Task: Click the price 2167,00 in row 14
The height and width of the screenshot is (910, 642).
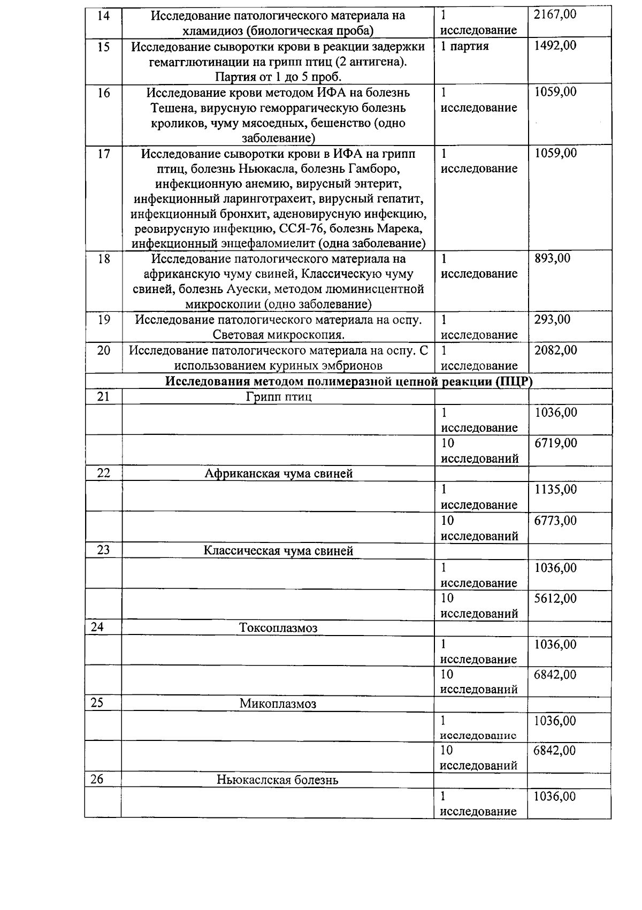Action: [x=555, y=14]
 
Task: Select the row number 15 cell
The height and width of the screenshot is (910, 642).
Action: [x=103, y=47]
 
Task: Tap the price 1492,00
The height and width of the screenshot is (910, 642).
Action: [x=555, y=46]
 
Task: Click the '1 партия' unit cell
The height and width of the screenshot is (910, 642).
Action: [x=464, y=46]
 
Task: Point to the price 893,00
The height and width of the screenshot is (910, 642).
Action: [x=552, y=259]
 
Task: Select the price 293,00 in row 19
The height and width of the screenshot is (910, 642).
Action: [x=552, y=320]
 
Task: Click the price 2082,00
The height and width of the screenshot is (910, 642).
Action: [x=555, y=350]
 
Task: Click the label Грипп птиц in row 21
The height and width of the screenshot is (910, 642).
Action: [x=279, y=397]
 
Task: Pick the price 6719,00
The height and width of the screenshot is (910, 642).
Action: [x=555, y=443]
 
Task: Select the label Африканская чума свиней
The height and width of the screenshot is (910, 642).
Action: [x=279, y=474]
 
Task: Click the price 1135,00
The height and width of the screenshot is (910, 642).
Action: [x=555, y=490]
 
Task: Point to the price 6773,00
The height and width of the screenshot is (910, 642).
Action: [x=555, y=521]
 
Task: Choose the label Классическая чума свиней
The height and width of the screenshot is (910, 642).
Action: [x=279, y=551]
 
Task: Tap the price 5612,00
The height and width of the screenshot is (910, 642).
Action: [x=555, y=598]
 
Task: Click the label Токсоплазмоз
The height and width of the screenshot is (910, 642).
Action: [x=278, y=628]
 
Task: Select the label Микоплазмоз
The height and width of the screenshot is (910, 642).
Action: [x=278, y=704]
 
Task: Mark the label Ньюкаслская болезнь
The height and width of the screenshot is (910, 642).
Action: [x=278, y=780]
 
